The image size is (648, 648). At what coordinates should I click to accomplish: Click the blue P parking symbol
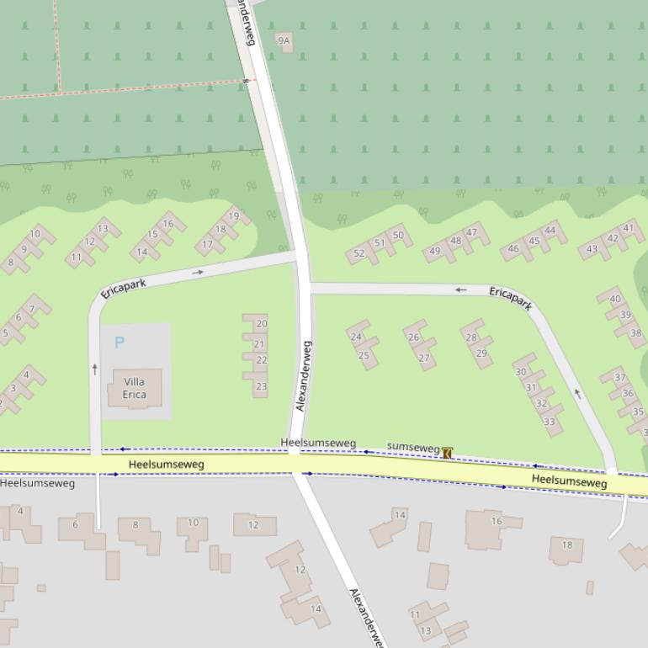(119, 343)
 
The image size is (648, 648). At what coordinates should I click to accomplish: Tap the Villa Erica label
(134, 388)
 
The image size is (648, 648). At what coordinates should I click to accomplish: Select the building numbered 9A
(284, 40)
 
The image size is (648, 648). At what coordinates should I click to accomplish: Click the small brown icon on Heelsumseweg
(447, 454)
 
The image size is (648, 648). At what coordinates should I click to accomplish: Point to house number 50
(398, 236)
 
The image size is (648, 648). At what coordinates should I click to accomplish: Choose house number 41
(628, 228)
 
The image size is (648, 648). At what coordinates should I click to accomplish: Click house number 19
(233, 216)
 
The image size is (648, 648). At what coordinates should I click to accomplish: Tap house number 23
(261, 387)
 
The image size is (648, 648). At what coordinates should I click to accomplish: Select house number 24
(356, 337)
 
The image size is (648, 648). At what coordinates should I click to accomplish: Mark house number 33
(549, 422)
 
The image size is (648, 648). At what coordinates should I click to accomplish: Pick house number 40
(614, 299)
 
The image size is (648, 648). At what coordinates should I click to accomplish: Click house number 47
(471, 233)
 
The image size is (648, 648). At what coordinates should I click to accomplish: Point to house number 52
(359, 253)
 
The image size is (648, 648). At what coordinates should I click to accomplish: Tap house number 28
(471, 337)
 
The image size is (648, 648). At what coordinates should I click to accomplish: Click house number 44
(550, 231)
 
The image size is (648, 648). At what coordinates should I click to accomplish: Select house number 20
(261, 324)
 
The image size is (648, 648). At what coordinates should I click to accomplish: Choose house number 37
(619, 377)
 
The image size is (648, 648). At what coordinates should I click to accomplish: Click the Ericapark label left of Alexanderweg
(123, 289)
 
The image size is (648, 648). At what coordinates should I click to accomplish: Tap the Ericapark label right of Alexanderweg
(511, 298)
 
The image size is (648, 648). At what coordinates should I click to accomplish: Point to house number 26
(413, 337)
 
